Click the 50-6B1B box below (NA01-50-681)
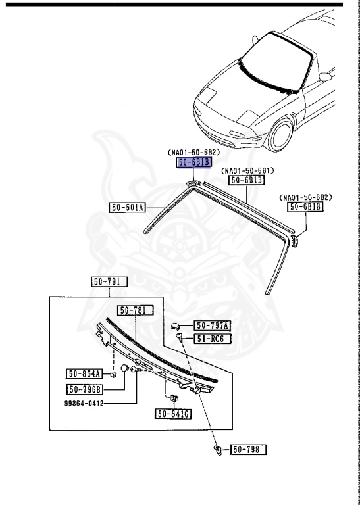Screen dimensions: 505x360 [x=246, y=180]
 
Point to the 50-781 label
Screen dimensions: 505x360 [x=135, y=310]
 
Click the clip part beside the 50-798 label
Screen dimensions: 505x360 [x=220, y=449]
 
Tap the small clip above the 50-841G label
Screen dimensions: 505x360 [x=174, y=398]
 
